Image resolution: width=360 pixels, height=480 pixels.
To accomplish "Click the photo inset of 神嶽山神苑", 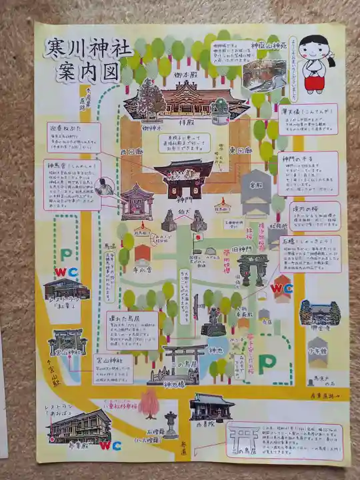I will (264, 75).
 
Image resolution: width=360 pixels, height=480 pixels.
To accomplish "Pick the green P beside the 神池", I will (267, 362).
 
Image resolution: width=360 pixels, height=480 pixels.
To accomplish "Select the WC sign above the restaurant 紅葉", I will (65, 271).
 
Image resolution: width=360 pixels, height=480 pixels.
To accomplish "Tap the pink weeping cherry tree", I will (150, 401).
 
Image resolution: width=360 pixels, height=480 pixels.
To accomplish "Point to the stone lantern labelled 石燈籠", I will (171, 424).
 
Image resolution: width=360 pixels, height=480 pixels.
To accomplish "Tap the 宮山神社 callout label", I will (110, 359).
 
